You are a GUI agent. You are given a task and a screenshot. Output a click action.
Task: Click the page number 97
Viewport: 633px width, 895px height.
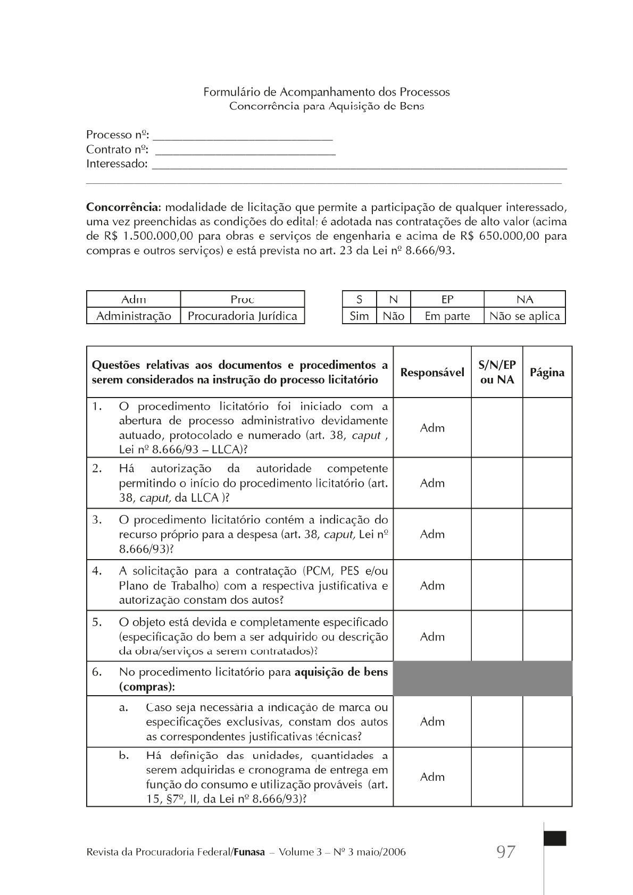505,852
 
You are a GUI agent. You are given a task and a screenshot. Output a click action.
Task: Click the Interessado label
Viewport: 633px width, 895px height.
116,164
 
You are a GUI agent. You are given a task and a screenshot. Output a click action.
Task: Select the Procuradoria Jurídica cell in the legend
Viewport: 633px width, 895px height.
243,316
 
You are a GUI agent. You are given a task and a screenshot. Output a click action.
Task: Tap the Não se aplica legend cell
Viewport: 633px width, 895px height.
524,316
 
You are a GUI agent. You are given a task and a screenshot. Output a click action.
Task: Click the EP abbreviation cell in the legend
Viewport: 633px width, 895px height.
447,299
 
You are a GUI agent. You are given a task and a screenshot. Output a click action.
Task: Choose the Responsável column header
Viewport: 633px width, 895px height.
432,372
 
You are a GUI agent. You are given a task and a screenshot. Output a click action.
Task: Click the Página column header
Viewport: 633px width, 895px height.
547,372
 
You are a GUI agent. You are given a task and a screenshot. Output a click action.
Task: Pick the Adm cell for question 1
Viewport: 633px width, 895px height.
432,428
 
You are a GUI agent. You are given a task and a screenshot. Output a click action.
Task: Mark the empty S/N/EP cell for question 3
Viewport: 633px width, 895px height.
497,534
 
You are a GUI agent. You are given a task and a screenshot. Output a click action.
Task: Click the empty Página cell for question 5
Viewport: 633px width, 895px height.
547,636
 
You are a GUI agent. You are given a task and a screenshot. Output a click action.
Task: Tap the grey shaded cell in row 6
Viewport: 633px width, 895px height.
482,679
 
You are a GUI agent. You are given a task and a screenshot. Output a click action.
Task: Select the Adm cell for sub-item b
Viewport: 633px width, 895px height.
432,777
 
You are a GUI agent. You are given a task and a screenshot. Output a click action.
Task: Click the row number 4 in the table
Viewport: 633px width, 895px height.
97,571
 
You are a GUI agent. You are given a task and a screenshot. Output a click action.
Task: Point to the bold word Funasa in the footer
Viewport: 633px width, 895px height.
249,852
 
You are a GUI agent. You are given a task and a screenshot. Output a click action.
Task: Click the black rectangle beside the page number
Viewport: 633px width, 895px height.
555,838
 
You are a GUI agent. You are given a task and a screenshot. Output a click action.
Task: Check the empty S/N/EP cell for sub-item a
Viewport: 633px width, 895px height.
497,721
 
